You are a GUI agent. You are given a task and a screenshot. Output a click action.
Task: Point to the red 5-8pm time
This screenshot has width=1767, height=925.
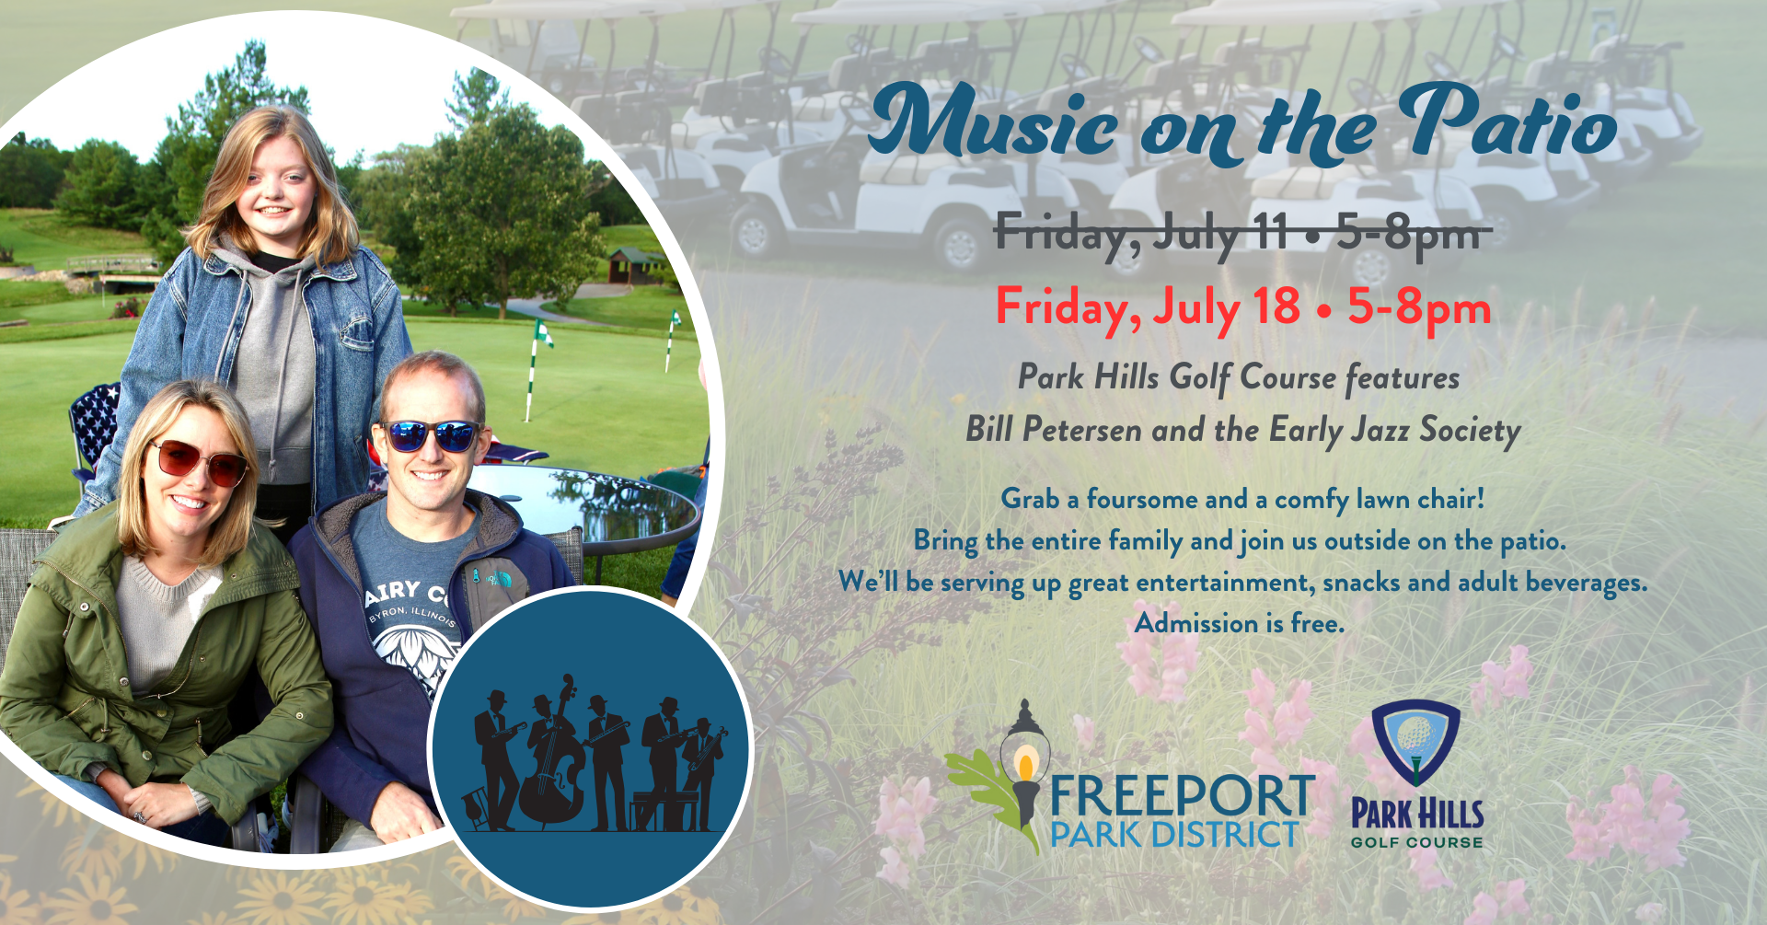pos(1419,308)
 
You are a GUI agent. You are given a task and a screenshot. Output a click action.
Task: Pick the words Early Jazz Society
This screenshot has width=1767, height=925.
pos(1394,431)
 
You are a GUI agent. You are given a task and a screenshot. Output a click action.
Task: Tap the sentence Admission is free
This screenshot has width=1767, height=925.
pos(1239,623)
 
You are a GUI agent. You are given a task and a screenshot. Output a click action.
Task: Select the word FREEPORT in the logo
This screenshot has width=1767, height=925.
pos(1184,796)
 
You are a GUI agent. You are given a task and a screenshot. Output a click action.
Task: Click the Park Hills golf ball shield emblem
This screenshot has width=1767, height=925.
pos(1415,742)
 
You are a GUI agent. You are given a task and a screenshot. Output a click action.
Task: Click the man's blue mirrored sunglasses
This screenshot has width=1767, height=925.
pos(430,434)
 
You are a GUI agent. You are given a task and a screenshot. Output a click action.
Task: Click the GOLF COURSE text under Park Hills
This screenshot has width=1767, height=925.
pos(1416,842)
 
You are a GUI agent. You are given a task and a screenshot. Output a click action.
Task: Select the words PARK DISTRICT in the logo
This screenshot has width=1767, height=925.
pos(1174,835)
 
